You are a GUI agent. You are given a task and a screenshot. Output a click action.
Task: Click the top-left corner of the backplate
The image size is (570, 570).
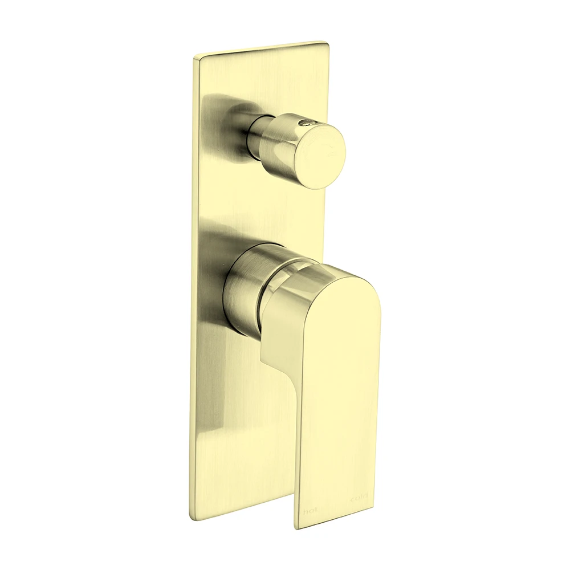pyautogui.click(x=195, y=57)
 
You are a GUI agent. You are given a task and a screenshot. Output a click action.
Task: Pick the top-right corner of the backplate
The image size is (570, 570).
pyautogui.click(x=326, y=43)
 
